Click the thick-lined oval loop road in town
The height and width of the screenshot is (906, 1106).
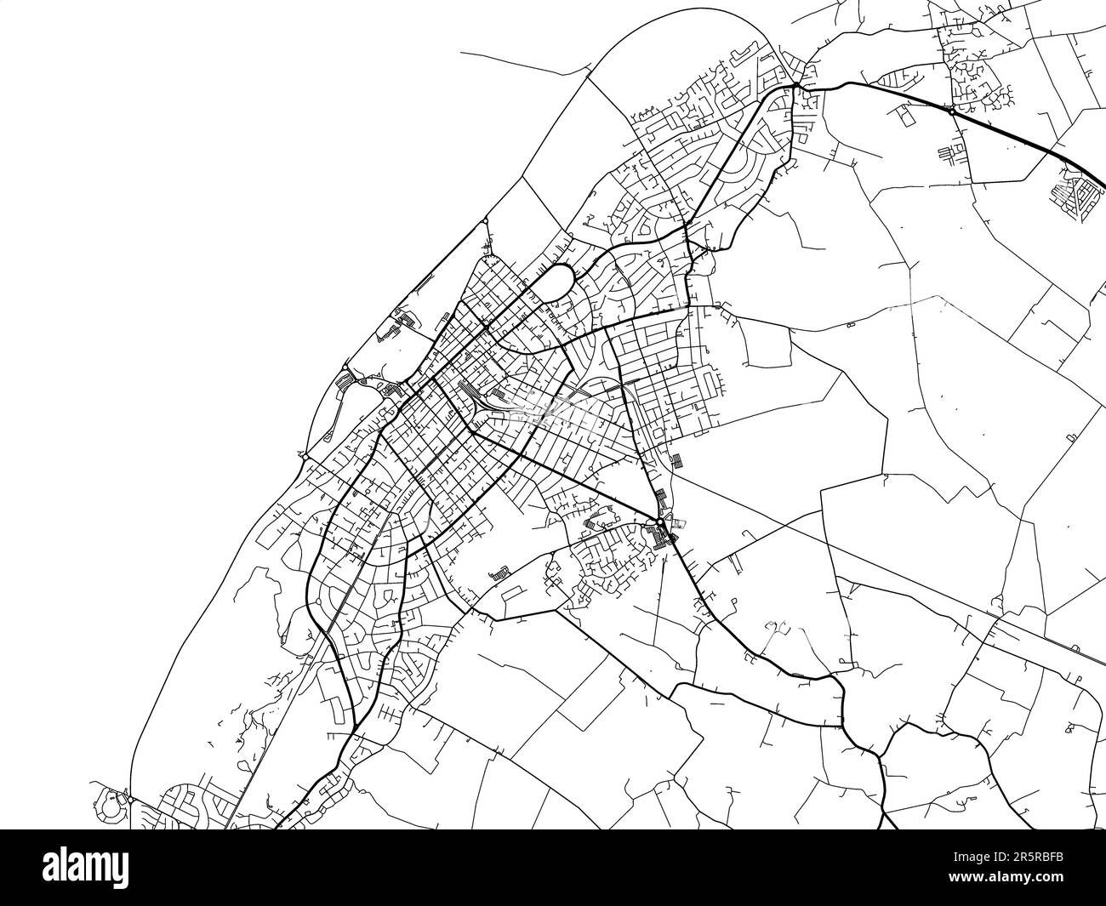[558, 280]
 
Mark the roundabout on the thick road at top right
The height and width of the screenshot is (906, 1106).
[951, 110]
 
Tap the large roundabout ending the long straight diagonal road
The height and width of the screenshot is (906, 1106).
[659, 521]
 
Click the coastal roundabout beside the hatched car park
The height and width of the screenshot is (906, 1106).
[305, 457]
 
